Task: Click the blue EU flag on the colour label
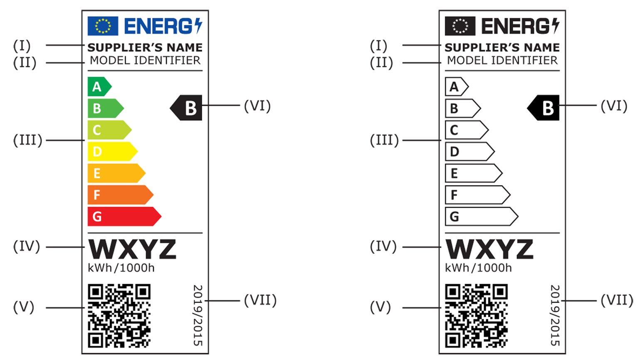pos(103,26)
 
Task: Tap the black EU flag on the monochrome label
pos(460,26)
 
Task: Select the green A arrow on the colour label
pos(99,86)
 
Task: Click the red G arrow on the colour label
pos(124,216)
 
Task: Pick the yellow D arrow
pos(111,151)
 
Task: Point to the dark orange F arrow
pos(120,195)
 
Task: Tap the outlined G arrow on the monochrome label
pos(481,216)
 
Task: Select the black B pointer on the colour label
pos(187,108)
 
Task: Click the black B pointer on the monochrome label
pos(544,108)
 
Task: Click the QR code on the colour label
pos(119,316)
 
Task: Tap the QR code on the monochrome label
pos(476,316)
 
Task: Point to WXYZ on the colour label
pos(132,249)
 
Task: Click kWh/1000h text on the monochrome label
pos(478,268)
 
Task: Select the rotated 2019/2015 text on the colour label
pos(198,315)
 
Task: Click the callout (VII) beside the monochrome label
pos(617,300)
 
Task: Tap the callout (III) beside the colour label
pos(27,140)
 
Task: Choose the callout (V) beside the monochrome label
pos(381,307)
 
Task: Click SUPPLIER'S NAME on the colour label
pos(145,47)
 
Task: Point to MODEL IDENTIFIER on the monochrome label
pos(502,60)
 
